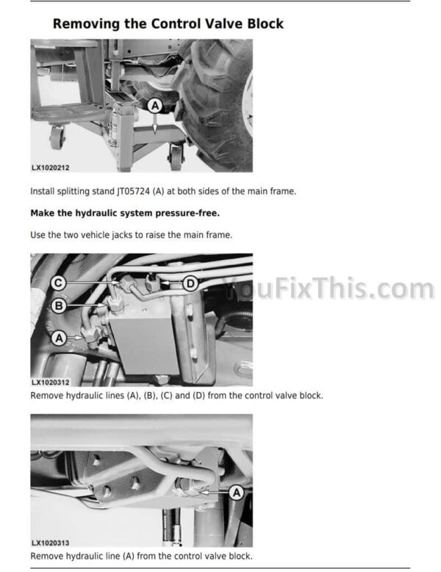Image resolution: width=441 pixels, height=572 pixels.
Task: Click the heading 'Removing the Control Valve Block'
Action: (168, 23)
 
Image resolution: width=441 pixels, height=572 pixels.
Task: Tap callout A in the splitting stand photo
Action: (155, 106)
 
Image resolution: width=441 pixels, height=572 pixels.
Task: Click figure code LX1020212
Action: (51, 168)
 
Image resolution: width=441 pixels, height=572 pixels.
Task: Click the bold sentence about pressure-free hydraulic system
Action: (125, 213)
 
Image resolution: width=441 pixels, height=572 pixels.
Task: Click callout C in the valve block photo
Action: (58, 283)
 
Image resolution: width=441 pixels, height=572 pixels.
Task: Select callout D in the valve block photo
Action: (190, 283)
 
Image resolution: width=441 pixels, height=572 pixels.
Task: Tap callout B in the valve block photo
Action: (59, 305)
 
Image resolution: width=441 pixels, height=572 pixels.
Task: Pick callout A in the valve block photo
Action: (59, 339)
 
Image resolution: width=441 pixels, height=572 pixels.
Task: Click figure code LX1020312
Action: (51, 383)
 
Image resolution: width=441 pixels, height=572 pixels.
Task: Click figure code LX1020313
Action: (51, 543)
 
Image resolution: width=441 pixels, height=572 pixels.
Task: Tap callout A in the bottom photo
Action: (237, 493)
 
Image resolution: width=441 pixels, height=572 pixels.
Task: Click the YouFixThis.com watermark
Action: (328, 288)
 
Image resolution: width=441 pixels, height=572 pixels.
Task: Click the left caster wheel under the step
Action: (57, 137)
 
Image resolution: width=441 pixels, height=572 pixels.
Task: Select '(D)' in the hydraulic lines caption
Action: (198, 396)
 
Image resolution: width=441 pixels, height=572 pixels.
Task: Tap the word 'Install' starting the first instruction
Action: (43, 191)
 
